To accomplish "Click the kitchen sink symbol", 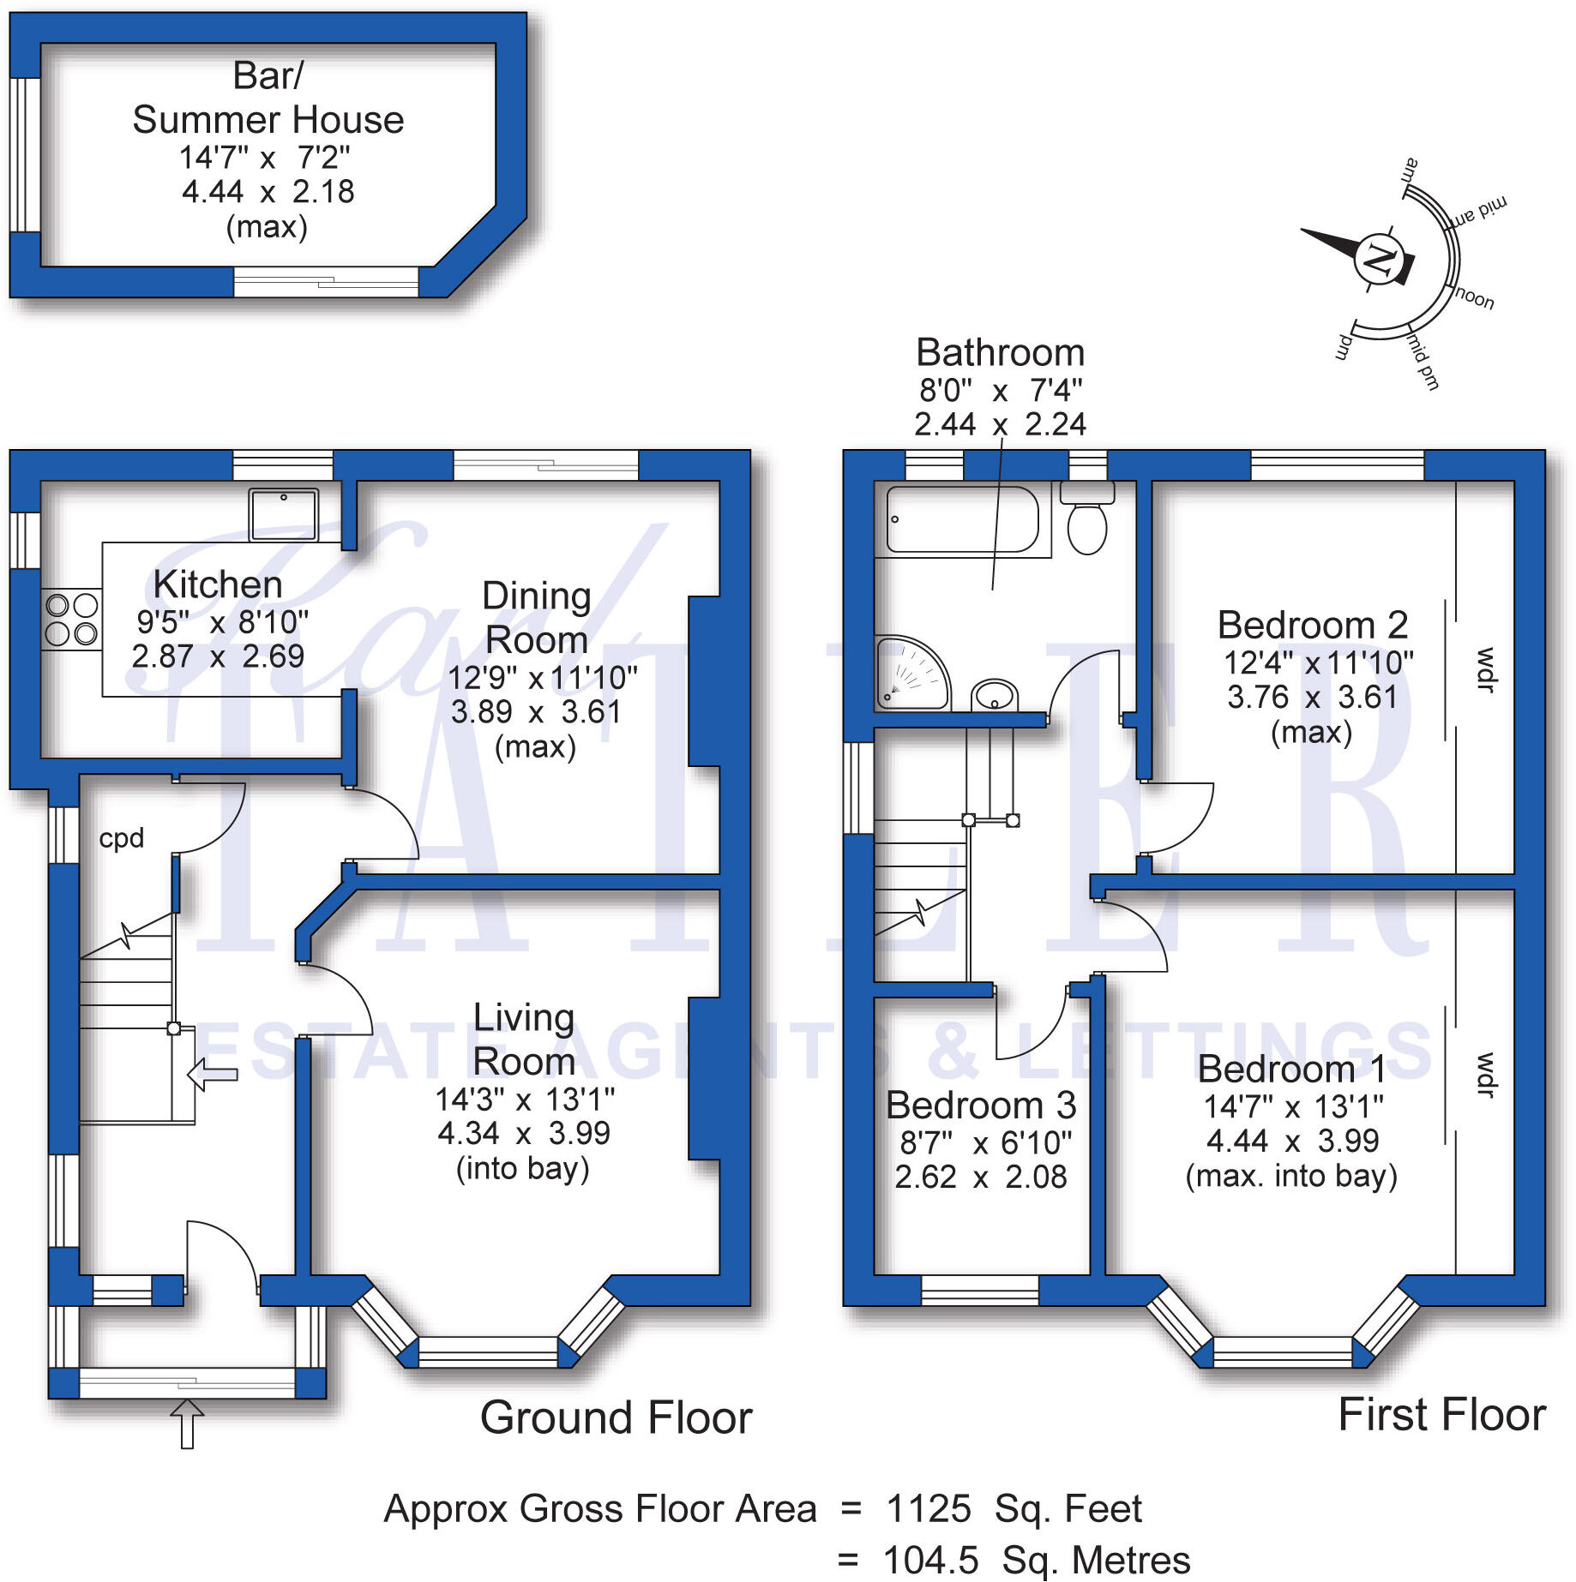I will [x=283, y=514].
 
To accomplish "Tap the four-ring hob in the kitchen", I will [x=72, y=620].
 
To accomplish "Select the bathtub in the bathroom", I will [x=962, y=519].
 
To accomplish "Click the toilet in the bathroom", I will [x=1087, y=520].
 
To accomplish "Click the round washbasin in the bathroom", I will [x=995, y=694].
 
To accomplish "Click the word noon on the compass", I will [x=1475, y=297].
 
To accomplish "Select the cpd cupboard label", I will [x=121, y=838].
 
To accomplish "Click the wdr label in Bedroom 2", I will [x=1485, y=669].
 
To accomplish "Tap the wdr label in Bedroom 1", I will [x=1485, y=1075].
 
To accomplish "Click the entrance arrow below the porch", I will [x=187, y=1423].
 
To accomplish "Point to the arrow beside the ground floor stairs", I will [x=211, y=1074].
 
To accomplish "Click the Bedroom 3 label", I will [x=981, y=1106].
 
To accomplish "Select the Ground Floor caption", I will [x=616, y=1417].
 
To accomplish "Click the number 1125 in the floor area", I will [x=928, y=1509].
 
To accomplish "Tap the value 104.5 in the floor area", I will [x=929, y=1561].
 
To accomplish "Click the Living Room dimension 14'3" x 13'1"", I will [x=524, y=1099].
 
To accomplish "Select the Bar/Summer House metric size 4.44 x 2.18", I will [x=268, y=191].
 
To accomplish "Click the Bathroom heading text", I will [x=1000, y=352].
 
